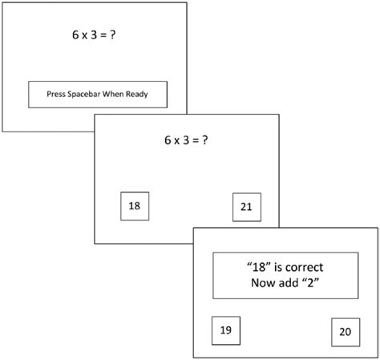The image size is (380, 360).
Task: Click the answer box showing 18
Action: [134, 205]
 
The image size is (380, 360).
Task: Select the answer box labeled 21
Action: [245, 207]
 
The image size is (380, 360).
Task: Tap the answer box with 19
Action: [224, 329]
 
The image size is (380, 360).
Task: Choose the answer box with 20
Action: [344, 331]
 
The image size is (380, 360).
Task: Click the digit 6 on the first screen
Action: [69, 36]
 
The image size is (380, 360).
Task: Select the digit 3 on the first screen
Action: [92, 36]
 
